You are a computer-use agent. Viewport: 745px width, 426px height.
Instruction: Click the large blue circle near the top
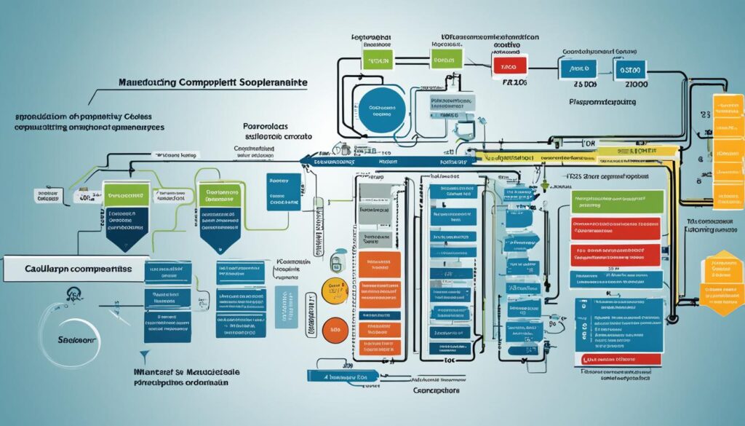[x=379, y=108]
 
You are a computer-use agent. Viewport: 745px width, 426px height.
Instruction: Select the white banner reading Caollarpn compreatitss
[x=73, y=267]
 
